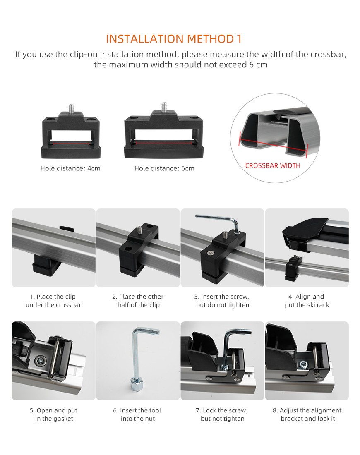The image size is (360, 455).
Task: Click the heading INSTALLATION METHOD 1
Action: (x=174, y=39)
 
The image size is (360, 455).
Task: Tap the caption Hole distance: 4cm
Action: (x=70, y=168)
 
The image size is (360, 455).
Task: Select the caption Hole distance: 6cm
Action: (x=164, y=168)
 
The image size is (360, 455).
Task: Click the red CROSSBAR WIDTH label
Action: (x=273, y=166)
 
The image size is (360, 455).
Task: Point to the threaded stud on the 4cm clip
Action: (x=71, y=109)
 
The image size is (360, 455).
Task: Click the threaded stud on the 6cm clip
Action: (x=164, y=107)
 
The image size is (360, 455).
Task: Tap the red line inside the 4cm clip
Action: (x=71, y=144)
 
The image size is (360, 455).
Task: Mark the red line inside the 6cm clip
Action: (x=164, y=143)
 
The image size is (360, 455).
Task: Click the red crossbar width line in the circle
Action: (x=273, y=145)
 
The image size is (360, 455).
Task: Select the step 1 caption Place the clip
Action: (x=53, y=301)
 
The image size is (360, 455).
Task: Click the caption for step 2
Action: (x=138, y=301)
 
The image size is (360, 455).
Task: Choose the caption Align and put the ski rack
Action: (x=307, y=301)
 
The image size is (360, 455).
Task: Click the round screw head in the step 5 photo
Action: (x=41, y=361)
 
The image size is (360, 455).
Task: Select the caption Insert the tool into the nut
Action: (x=137, y=414)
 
